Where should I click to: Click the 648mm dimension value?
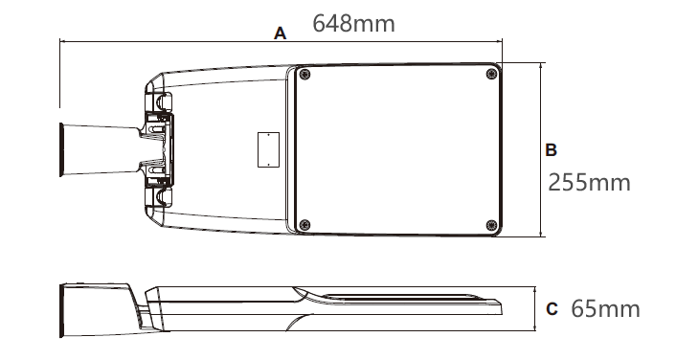353,23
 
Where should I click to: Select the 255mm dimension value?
589,182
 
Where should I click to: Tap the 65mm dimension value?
605,308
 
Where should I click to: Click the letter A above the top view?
280,34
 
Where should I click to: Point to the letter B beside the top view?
551,150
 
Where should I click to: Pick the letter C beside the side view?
552,309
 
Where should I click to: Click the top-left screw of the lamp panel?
305,74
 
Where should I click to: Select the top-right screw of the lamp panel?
491,74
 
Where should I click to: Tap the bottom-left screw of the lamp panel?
304,225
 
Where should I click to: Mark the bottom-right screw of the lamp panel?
491,225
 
